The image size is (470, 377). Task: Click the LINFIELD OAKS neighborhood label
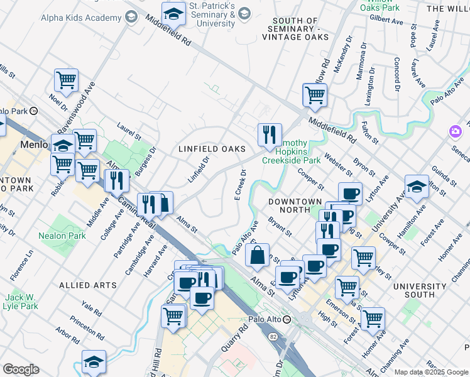click(x=210, y=149)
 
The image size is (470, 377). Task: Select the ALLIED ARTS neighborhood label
click(x=88, y=285)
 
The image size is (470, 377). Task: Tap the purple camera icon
click(x=454, y=131)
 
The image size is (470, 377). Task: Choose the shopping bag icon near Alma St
click(x=258, y=256)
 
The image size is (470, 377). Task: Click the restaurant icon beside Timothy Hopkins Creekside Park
click(x=270, y=135)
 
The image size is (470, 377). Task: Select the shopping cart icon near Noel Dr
click(x=66, y=80)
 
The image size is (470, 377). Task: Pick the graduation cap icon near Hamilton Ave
click(x=417, y=187)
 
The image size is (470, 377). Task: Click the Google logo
click(x=21, y=369)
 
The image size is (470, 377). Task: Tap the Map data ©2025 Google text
click(x=431, y=372)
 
